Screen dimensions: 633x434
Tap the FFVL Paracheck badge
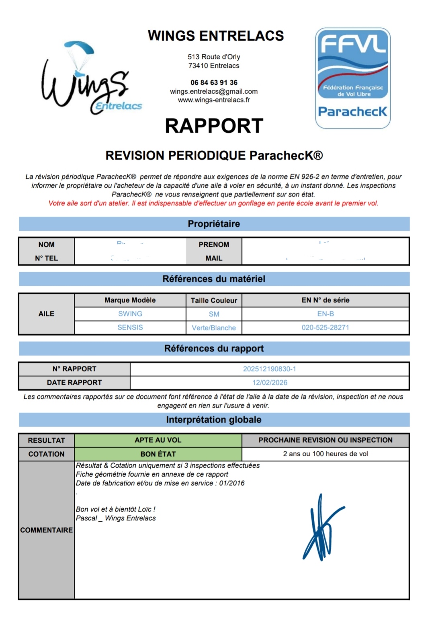(x=353, y=78)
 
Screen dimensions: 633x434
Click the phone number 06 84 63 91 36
(x=214, y=82)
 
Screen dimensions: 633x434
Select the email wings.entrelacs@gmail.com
(x=214, y=91)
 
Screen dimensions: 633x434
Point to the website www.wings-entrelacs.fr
(x=214, y=100)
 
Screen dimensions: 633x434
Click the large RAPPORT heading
(x=214, y=126)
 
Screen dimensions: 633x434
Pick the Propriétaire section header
(x=214, y=224)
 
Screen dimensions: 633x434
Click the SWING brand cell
(x=130, y=314)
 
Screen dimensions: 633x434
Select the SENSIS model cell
(x=130, y=328)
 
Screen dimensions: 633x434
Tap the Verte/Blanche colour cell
(x=214, y=328)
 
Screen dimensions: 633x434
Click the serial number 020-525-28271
(x=325, y=328)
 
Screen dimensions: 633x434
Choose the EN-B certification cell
(x=325, y=314)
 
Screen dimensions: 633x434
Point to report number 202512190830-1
(x=269, y=369)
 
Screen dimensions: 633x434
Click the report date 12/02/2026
(x=269, y=383)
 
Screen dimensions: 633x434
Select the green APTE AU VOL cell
(x=158, y=440)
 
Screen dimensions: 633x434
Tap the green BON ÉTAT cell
(x=158, y=454)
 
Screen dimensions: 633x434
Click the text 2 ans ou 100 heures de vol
(x=325, y=454)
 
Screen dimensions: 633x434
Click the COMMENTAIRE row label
(x=46, y=530)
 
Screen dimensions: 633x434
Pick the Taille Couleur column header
(x=214, y=300)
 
